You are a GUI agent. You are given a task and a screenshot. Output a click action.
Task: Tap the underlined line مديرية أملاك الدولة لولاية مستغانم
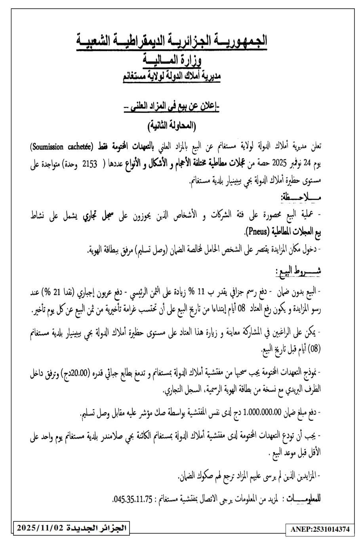171,76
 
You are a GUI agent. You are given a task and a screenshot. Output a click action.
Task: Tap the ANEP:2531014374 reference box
319,529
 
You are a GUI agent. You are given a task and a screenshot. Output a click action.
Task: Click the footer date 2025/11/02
40,528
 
